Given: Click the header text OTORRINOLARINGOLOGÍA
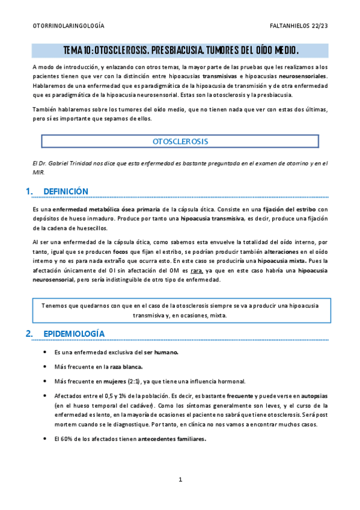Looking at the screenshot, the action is click(68, 26).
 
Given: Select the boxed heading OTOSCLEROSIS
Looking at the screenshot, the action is click(180, 141).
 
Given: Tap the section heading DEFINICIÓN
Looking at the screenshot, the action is click(66, 191).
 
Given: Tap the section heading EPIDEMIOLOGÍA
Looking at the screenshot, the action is click(75, 333).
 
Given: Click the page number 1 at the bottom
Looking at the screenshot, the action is click(180, 479).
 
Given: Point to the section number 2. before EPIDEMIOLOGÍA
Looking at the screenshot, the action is click(29, 333).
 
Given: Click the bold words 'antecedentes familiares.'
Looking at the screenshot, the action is click(172, 438).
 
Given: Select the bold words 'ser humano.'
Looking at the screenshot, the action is click(158, 352).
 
